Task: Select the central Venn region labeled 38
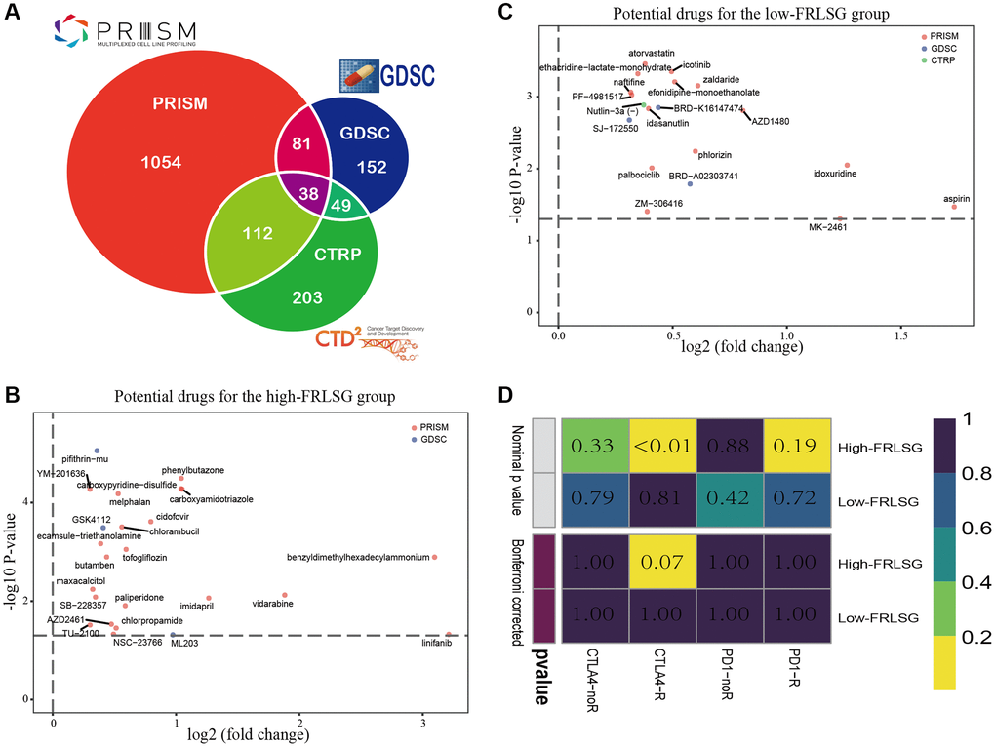(308, 194)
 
